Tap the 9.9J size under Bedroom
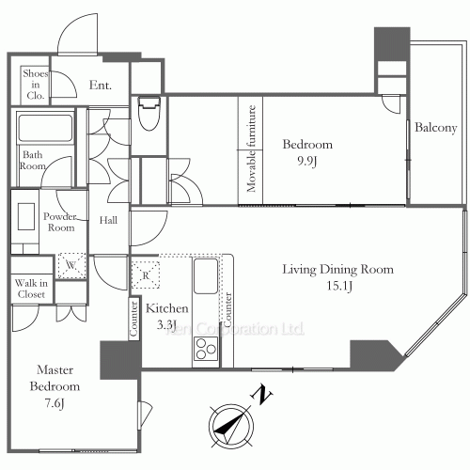point(308,161)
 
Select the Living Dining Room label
point(338,270)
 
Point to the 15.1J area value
point(338,286)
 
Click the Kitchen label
point(167,308)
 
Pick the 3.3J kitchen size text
point(167,324)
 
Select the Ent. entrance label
point(101,86)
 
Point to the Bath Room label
point(33,161)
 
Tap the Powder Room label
point(60,221)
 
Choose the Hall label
point(109,221)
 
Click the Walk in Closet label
point(31,288)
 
